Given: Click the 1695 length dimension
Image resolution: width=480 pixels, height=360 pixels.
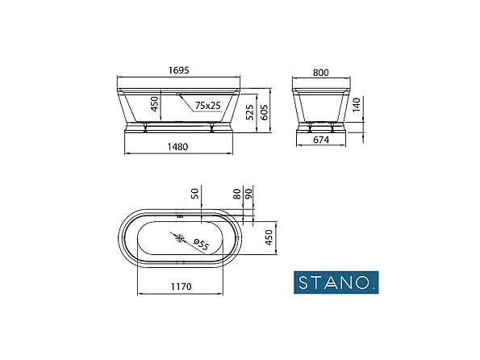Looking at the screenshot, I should point(180,71).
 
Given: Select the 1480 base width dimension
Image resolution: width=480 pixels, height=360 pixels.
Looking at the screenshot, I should point(178,145).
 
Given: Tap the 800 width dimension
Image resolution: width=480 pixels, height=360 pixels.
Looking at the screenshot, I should point(321,72).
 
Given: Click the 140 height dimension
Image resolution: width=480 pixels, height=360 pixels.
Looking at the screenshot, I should point(365,106).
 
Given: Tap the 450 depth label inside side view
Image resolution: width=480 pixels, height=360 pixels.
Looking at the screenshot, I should point(156,104).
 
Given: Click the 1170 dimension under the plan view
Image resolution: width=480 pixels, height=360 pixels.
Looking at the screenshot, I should point(177,284).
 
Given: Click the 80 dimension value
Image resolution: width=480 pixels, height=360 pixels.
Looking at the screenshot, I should point(236,195).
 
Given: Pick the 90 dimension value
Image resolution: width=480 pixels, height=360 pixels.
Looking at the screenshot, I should point(249,195).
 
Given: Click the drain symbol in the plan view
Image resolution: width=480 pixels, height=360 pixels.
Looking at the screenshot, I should point(180,238).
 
